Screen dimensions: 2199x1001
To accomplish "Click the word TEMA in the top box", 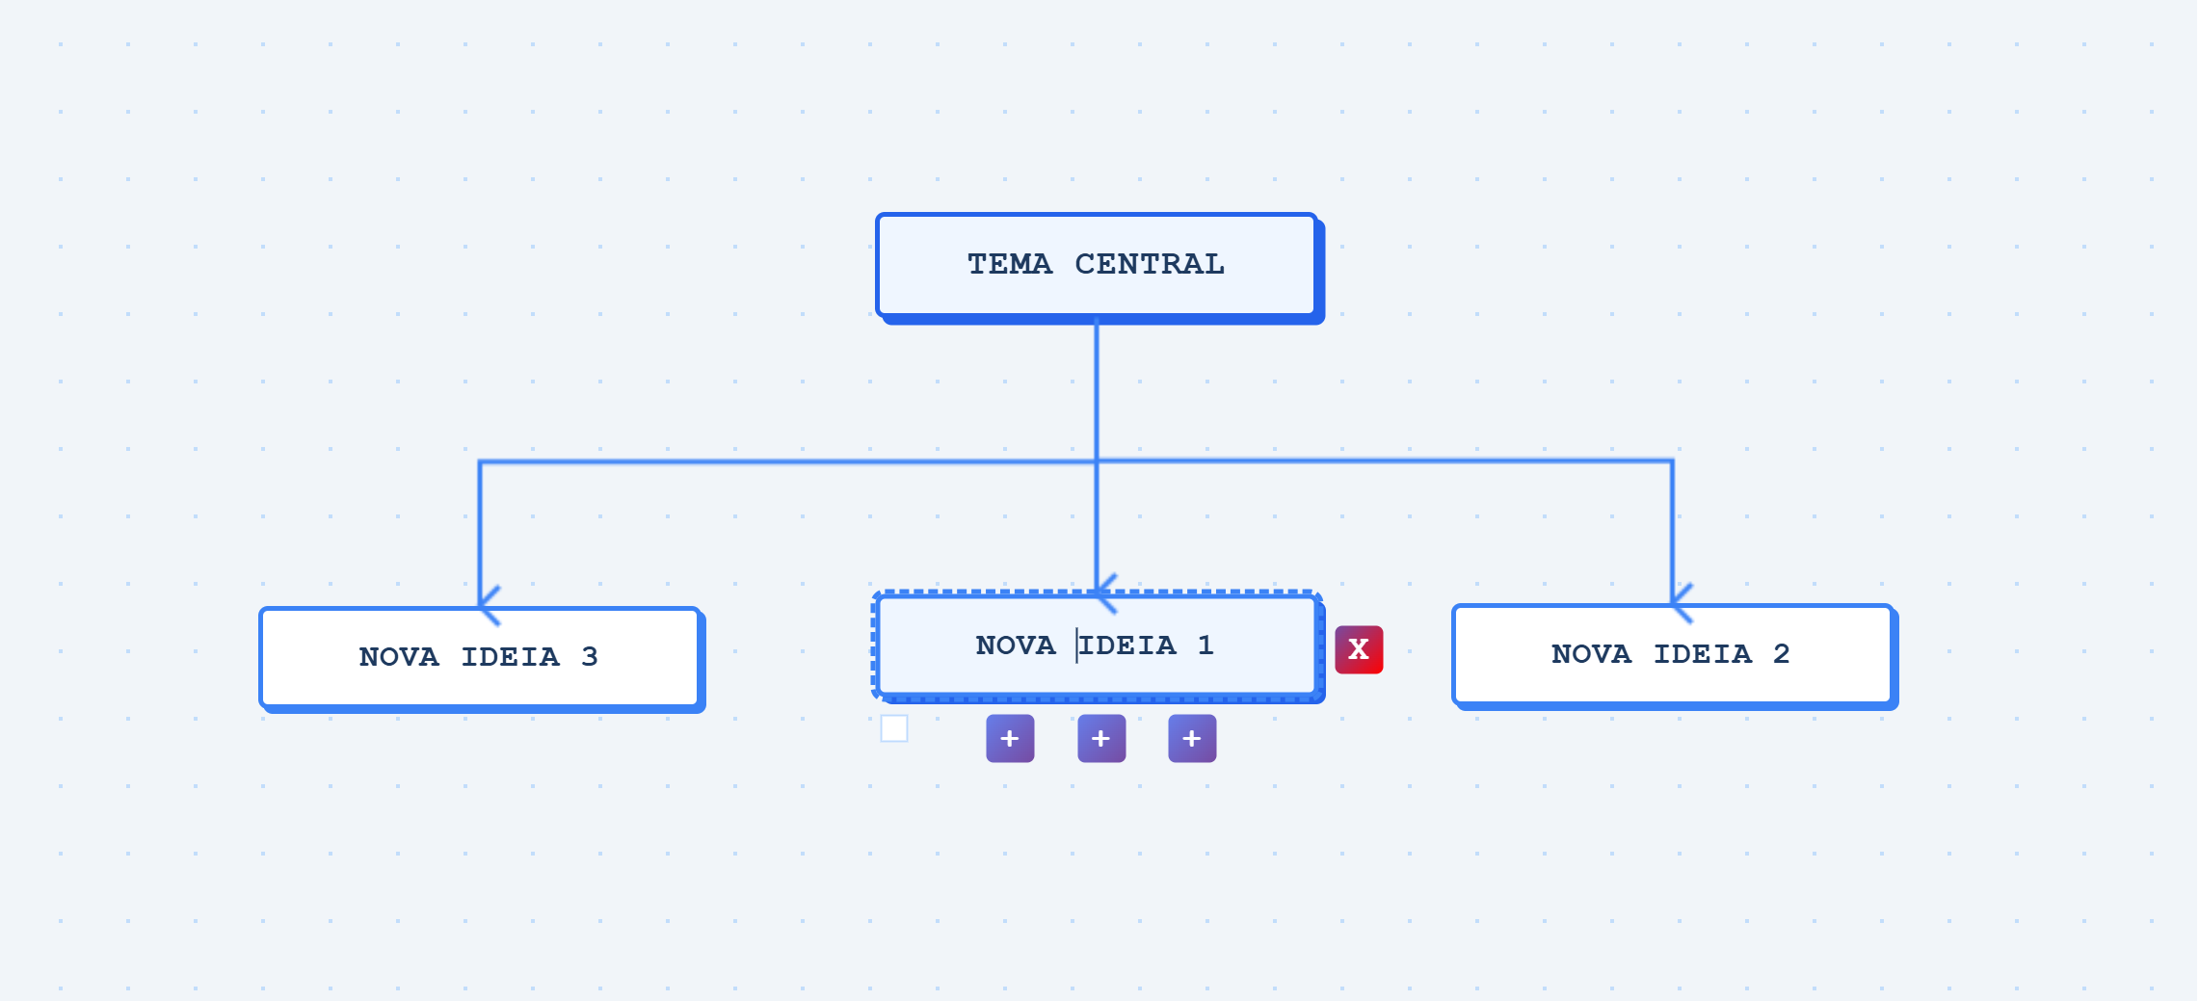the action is pos(1009,264).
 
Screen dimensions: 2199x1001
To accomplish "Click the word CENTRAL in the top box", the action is pos(1150,264).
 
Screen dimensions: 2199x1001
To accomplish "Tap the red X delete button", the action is pos(1359,649).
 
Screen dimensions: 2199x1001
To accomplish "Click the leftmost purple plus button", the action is pos(1010,739).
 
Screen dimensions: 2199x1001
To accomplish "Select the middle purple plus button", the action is pos(1101,739).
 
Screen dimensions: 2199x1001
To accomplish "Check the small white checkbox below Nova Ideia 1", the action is pos(894,728).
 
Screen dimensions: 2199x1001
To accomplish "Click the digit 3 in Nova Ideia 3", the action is pos(590,656).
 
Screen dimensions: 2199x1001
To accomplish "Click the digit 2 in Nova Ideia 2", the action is pos(1782,653).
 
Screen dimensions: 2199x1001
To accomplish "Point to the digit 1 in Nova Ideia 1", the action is pos(1205,645).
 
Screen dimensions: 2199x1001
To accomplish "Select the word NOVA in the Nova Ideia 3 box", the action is pos(399,656).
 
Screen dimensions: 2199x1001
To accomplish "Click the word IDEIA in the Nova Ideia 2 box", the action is pos(1703,653).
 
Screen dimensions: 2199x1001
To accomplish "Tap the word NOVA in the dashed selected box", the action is pos(1016,645).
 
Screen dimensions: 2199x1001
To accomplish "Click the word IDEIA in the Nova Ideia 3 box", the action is pos(511,656).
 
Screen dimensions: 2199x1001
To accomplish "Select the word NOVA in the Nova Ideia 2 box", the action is pos(1592,653).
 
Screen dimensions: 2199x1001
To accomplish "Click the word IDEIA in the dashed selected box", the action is pos(1127,645).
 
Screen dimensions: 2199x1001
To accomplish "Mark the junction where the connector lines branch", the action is pos(1097,461).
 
